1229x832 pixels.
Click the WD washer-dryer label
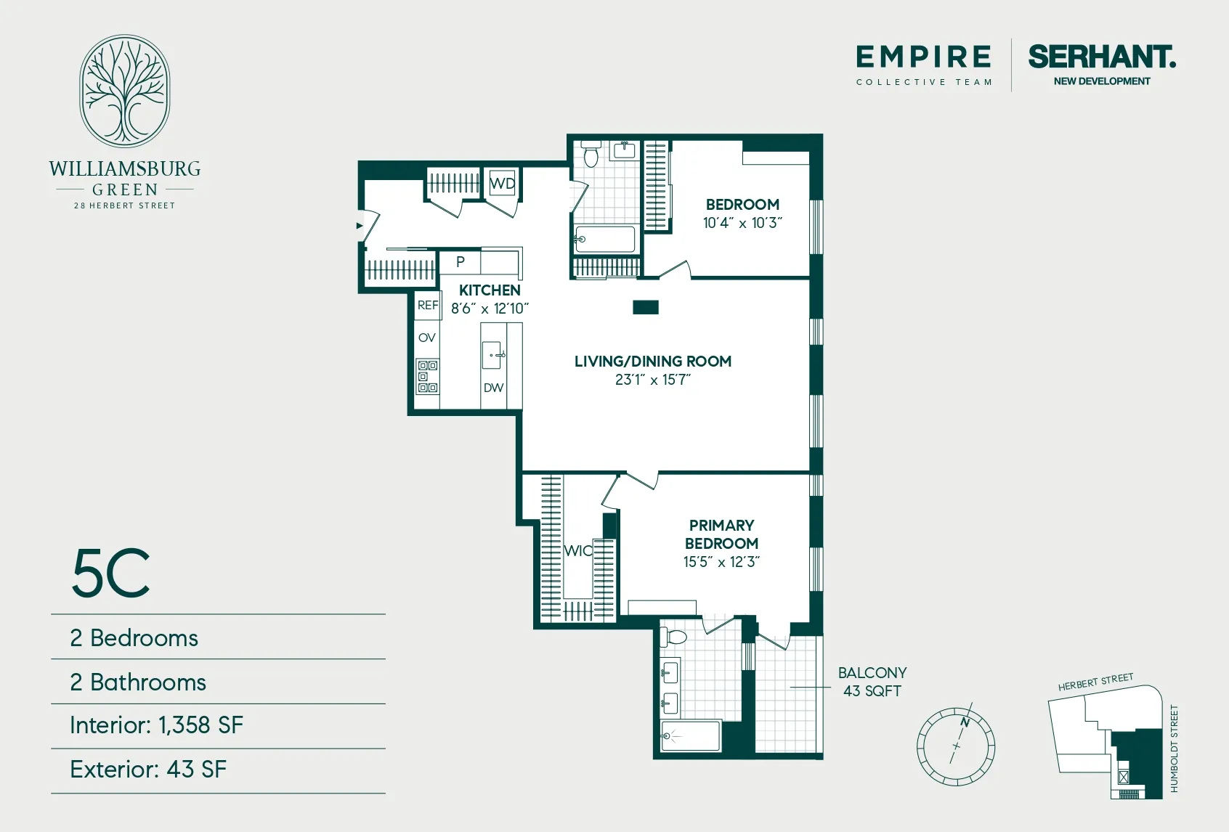tap(502, 183)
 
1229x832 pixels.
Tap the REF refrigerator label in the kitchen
tap(428, 305)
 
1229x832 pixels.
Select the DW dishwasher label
tap(493, 388)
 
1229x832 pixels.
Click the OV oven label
tap(427, 338)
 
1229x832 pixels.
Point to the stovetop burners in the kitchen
tap(427, 376)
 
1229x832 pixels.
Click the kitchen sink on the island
tap(492, 355)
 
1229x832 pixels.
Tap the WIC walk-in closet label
tap(578, 551)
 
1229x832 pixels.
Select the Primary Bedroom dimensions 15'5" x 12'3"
tap(721, 562)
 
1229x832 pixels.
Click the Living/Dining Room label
tap(652, 361)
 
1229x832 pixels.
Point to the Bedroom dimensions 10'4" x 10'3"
tap(742, 223)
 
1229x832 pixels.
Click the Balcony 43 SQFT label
tap(872, 682)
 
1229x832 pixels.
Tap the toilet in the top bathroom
tap(591, 155)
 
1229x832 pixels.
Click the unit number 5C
tap(111, 574)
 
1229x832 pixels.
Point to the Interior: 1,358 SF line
tap(157, 725)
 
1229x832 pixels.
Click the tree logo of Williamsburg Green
tap(125, 91)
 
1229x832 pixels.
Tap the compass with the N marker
tap(956, 746)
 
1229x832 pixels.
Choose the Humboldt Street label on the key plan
tap(1174, 748)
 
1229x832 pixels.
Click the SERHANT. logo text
tap(1101, 57)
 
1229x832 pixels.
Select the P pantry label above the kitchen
tap(460, 262)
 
